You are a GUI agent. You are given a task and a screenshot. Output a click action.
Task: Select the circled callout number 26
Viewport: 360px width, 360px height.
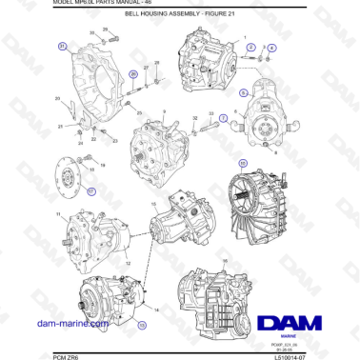[132, 73]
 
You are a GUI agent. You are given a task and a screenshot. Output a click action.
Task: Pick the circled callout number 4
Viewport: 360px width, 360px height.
[271, 48]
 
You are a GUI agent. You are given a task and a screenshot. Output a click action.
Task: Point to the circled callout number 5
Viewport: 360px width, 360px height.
[243, 92]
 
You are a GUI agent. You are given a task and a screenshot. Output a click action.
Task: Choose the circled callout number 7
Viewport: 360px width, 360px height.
[223, 118]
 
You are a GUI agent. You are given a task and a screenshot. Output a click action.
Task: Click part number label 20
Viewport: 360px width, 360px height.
[57, 99]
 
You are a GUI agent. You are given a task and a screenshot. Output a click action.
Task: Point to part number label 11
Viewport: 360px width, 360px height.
[59, 214]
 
